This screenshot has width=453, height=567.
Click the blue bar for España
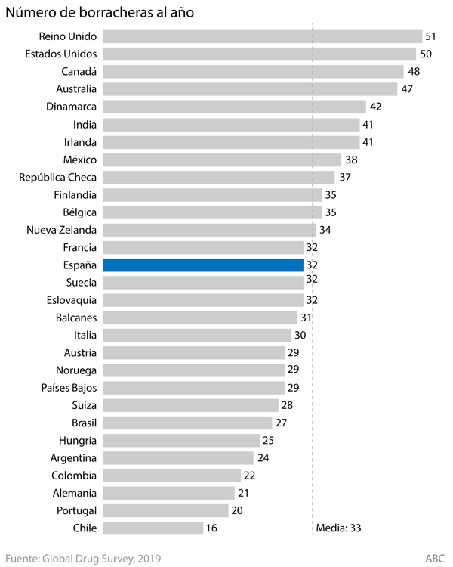click(203, 265)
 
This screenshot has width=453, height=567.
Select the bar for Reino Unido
click(262, 36)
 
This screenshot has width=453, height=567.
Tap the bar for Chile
click(153, 528)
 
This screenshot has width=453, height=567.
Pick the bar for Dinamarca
click(234, 107)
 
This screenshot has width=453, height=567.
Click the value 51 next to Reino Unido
click(432, 36)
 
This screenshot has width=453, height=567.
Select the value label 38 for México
click(351, 160)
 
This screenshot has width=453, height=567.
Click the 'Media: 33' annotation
click(339, 528)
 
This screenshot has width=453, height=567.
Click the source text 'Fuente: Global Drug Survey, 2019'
click(83, 558)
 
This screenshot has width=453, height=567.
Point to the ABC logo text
click(435, 558)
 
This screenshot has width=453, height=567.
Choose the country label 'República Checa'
click(57, 177)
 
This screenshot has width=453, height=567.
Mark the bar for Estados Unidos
click(259, 54)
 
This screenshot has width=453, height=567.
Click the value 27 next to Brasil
click(282, 423)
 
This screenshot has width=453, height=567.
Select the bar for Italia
click(196, 335)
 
